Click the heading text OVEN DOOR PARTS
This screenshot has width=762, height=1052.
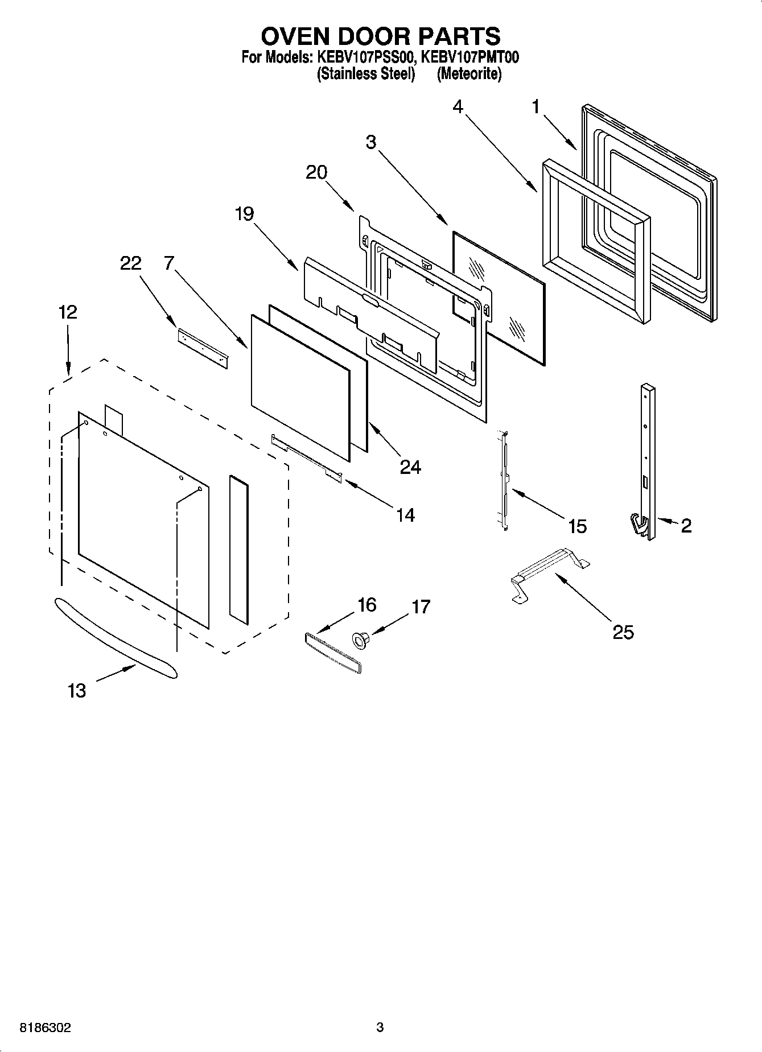(380, 36)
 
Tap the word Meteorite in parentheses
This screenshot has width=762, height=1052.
(469, 74)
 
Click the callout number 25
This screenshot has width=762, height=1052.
(623, 632)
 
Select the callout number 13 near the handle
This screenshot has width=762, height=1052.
(76, 691)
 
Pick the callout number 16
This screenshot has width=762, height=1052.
(366, 605)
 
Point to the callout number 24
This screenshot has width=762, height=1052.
(410, 467)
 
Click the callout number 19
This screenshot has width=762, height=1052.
(244, 214)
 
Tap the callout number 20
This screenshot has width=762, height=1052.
(316, 172)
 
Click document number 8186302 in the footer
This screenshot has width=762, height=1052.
(46, 1028)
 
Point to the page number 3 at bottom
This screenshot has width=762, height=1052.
(380, 1028)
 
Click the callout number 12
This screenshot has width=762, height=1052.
(67, 312)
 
